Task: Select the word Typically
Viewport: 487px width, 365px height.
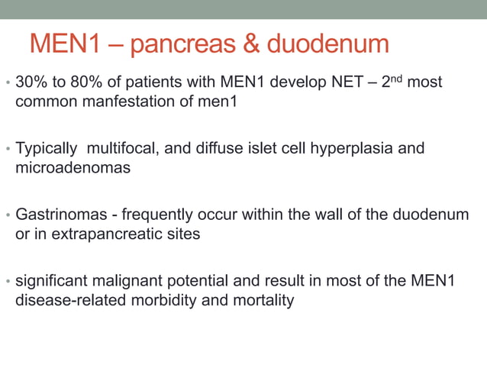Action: (x=47, y=147)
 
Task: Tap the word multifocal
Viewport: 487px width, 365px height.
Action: (x=124, y=147)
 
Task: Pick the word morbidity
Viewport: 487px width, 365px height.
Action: (x=168, y=300)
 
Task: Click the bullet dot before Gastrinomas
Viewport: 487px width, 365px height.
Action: (x=7, y=215)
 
